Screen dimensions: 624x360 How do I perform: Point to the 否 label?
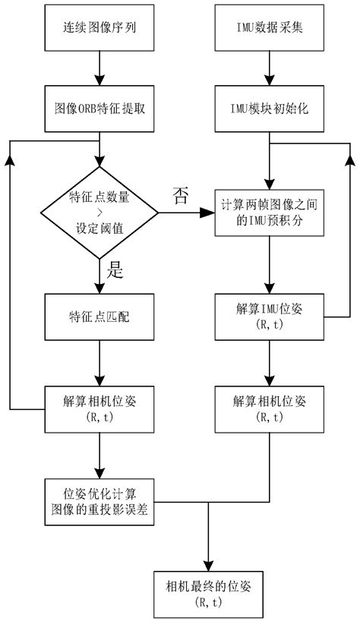coord(181,197)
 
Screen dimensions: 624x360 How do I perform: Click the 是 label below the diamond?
coord(117,269)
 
